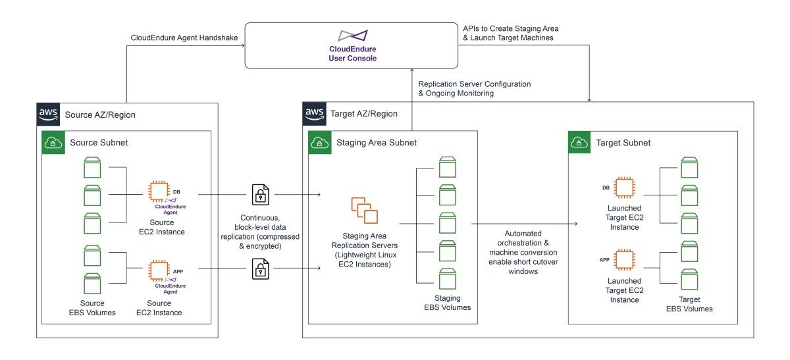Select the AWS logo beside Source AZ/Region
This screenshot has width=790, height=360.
pos(48,115)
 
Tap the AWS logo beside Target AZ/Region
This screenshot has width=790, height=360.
pos(314,113)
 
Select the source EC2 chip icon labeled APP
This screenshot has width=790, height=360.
pos(158,270)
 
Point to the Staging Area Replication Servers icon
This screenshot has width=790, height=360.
pos(365,209)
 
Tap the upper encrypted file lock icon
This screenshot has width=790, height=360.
pos(261,194)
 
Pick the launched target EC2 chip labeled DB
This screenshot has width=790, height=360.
pos(623,188)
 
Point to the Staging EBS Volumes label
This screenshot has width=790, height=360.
pos(447,303)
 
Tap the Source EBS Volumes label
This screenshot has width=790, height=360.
pos(92,308)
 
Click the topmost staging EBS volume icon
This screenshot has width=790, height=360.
pos(447,167)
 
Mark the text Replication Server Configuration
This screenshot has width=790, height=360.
pos(474,84)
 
